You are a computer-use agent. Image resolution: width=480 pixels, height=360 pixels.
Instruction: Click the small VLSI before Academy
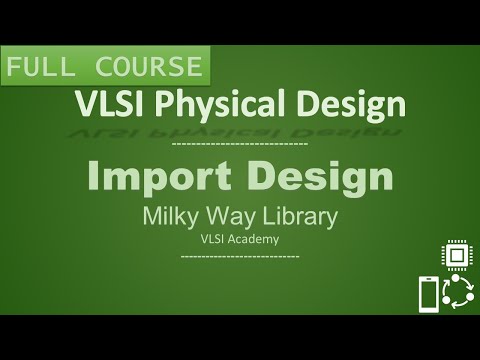coord(214,238)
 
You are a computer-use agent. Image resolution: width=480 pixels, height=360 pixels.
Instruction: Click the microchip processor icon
coord(457,256)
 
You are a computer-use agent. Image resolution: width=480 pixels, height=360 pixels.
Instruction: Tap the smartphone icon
coord(428,294)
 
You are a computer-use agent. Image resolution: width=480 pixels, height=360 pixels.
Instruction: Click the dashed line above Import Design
coord(240,145)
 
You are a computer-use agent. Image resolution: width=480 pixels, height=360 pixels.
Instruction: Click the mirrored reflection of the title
coord(240,128)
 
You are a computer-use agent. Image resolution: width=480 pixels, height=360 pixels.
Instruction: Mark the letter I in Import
coord(92,178)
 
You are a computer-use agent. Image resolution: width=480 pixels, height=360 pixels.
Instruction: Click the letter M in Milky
coord(152,217)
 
